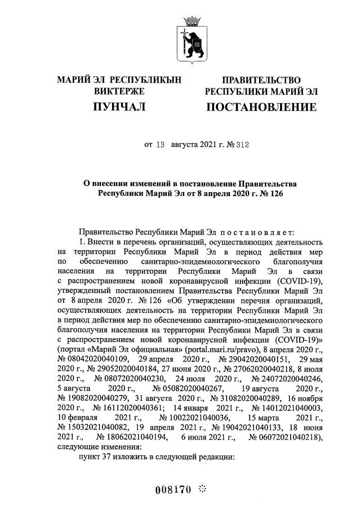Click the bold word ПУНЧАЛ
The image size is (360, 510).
click(119, 106)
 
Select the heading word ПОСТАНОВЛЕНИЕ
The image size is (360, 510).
click(260, 107)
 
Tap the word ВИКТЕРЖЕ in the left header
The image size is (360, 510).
click(119, 91)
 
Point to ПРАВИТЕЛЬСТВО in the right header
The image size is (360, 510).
click(261, 80)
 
